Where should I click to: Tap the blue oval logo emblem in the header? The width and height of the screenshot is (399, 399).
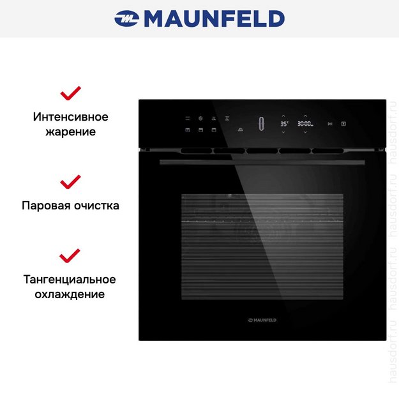(x=127, y=19)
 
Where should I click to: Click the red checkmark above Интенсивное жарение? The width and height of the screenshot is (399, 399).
(x=70, y=94)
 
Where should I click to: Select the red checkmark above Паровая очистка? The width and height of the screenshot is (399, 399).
(x=70, y=183)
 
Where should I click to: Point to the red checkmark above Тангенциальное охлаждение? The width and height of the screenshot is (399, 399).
(x=70, y=257)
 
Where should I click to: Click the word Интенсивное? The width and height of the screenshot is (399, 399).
(x=70, y=117)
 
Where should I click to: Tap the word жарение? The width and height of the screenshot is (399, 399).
(x=70, y=132)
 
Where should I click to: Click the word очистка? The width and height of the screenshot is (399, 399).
(x=96, y=206)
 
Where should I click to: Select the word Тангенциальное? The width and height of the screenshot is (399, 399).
(x=70, y=280)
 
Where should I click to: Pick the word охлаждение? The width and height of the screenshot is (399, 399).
(x=70, y=295)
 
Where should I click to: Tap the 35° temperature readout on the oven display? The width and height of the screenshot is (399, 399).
(x=283, y=124)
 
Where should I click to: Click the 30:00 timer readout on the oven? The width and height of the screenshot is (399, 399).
(x=305, y=124)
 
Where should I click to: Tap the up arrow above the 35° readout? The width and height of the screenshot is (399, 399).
(x=283, y=116)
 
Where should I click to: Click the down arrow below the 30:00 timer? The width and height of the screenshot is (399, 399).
(x=305, y=132)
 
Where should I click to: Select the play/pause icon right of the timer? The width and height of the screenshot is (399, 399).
(x=329, y=124)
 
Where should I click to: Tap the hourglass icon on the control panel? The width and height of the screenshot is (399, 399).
(x=227, y=117)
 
